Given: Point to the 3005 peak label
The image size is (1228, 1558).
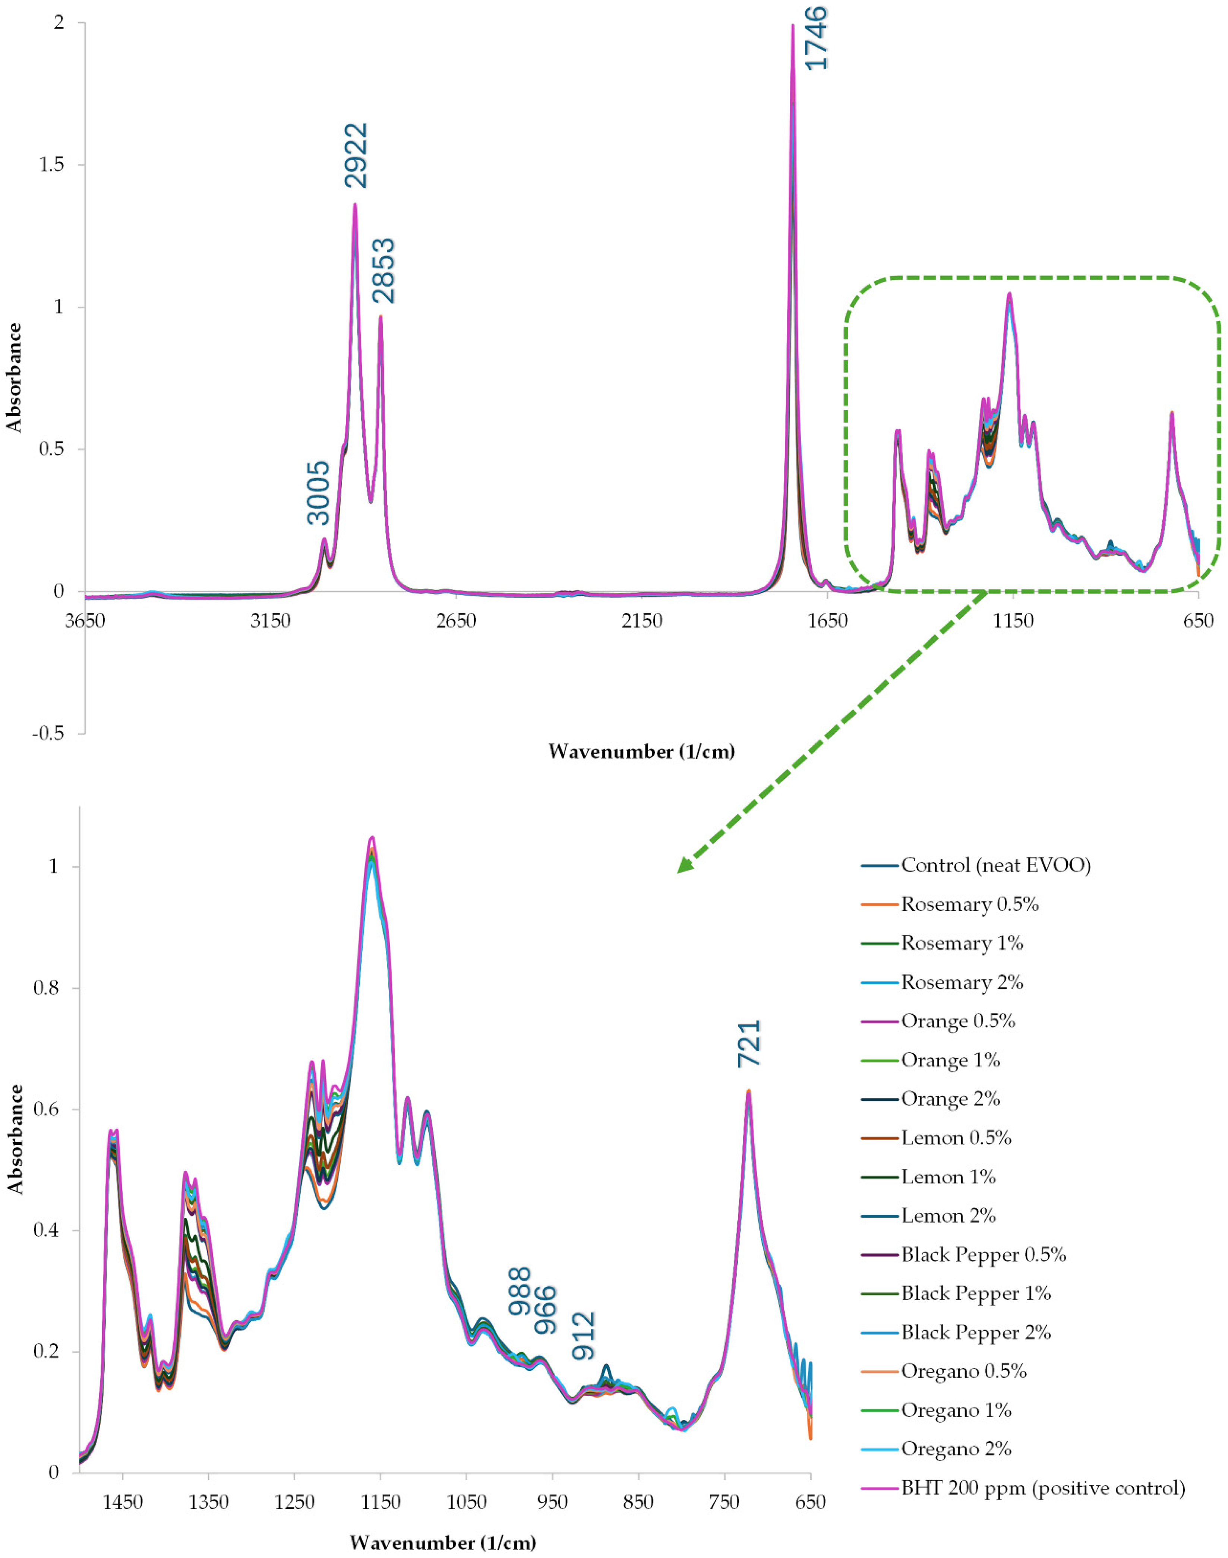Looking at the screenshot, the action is click(x=317, y=493).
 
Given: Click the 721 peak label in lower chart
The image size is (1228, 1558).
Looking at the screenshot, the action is click(x=748, y=1043).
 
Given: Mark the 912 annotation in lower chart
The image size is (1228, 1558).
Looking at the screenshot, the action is click(x=584, y=1336).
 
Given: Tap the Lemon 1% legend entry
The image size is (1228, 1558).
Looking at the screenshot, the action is click(x=928, y=1177).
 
